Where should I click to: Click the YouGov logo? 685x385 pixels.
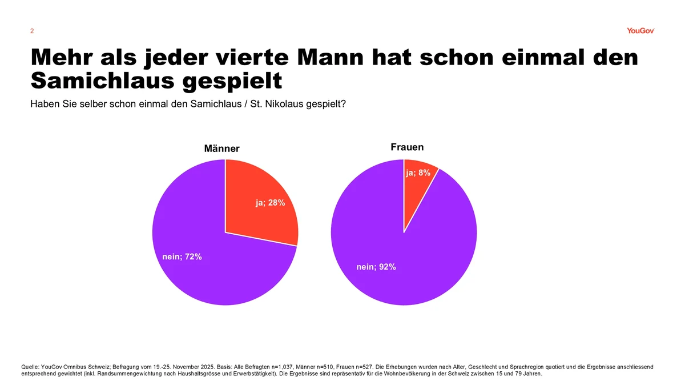coord(640,31)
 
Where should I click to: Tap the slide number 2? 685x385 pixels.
coord(32,31)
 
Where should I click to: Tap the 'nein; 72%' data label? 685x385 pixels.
coord(178,256)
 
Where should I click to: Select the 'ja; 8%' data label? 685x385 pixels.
coord(418,173)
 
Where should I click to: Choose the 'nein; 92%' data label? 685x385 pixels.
coord(376,267)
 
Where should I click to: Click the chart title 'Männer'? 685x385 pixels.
coord(222,149)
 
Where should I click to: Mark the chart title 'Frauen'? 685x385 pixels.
coord(407,147)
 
